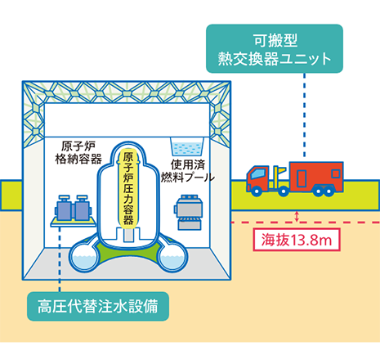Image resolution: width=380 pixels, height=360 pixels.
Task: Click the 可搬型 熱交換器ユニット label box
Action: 275,49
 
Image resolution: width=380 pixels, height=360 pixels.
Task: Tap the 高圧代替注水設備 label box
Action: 98,306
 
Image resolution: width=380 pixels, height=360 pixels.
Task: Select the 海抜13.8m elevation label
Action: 297,240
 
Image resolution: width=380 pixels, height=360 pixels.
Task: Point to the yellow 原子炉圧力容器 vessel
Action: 128,188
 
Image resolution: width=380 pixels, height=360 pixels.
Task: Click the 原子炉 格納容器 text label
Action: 78,153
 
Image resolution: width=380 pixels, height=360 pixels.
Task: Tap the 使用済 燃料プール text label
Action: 188,171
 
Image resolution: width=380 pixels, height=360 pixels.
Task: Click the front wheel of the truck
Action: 257,191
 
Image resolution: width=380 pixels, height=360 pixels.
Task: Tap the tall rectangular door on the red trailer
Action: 302,178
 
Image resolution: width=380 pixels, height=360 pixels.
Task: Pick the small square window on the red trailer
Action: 336,173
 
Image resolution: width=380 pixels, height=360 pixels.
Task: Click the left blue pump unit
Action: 64,208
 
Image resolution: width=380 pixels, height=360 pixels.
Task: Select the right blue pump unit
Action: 83,208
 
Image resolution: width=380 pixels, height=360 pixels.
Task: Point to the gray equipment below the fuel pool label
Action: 189,212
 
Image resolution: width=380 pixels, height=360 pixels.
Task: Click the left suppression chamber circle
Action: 85,258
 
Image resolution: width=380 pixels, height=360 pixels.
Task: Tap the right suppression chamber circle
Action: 172,258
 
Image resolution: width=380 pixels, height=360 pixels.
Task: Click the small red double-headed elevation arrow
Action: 297,217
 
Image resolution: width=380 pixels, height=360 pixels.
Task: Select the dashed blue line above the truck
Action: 304,115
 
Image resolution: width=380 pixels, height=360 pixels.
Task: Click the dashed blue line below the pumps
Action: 60,259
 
